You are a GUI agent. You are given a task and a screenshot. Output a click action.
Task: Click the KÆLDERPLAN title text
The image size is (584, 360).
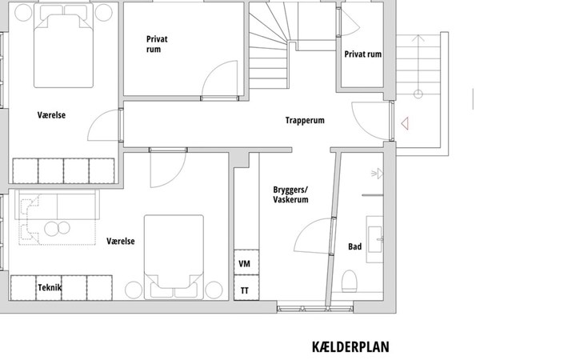[x=350, y=346]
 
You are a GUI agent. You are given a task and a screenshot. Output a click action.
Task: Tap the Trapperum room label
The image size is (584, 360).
[x=305, y=120]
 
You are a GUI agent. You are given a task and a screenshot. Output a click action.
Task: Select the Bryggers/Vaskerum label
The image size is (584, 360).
[x=290, y=194]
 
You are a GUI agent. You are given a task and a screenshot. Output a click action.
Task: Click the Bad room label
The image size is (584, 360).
[x=354, y=246]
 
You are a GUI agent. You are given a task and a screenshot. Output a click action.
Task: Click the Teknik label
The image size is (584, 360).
[x=50, y=287]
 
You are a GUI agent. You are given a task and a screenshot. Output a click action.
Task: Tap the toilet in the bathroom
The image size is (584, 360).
[x=350, y=281]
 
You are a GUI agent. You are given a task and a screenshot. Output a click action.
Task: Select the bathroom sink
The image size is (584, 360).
[x=375, y=239]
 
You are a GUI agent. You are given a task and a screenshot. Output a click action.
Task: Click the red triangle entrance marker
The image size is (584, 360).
[x=405, y=123]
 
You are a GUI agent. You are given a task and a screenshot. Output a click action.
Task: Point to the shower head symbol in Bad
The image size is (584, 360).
[x=378, y=173]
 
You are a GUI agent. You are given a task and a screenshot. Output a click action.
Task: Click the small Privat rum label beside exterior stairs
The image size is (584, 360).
[x=362, y=54]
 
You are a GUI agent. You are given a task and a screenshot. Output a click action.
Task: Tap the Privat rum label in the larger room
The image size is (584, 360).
[x=157, y=44]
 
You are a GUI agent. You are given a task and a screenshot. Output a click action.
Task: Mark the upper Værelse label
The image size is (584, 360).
[x=51, y=115]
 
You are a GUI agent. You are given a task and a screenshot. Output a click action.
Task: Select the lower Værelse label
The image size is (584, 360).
[x=121, y=242]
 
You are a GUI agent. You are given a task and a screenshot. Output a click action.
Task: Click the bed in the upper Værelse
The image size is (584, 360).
[x=63, y=46]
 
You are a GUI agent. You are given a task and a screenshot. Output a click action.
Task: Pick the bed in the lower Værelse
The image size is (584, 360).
[x=174, y=257]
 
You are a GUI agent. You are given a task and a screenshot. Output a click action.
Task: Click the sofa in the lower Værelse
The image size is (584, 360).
[x=57, y=205]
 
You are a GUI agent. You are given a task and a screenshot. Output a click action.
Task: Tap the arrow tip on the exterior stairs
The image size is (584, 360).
[x=418, y=35]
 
